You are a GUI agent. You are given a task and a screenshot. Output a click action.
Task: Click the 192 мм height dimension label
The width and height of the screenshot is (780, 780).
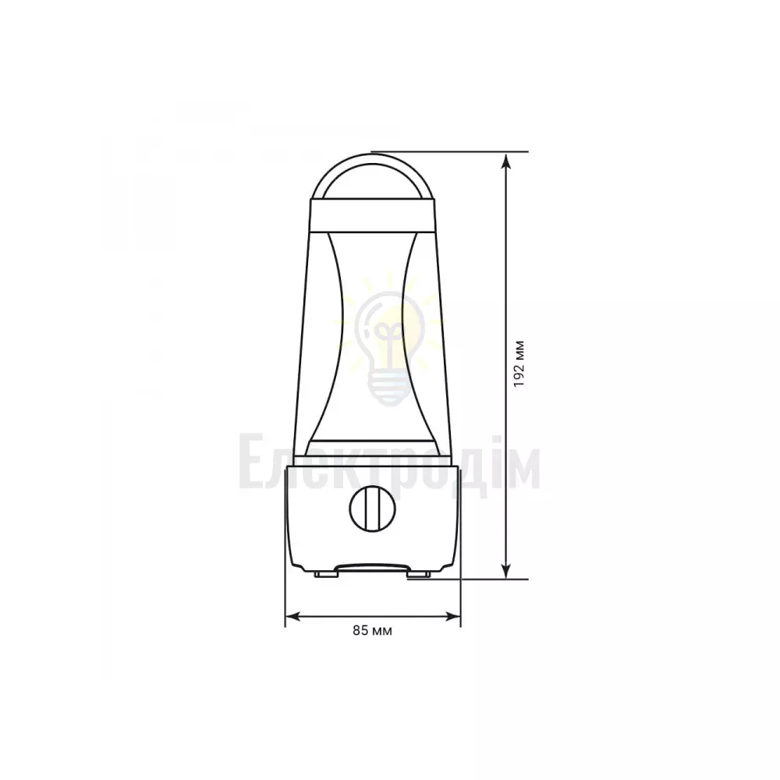click(519, 364)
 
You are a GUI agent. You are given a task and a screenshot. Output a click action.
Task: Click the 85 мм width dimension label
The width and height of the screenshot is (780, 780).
click(373, 631)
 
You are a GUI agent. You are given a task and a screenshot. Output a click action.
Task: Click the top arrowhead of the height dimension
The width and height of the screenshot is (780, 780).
click(506, 161)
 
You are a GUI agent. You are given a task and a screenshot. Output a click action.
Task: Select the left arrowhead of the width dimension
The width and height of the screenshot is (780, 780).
click(293, 617)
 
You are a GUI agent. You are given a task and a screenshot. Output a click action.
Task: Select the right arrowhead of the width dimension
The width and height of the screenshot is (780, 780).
click(452, 617)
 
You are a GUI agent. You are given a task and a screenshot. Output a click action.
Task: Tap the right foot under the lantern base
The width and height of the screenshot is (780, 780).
click(419, 575)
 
